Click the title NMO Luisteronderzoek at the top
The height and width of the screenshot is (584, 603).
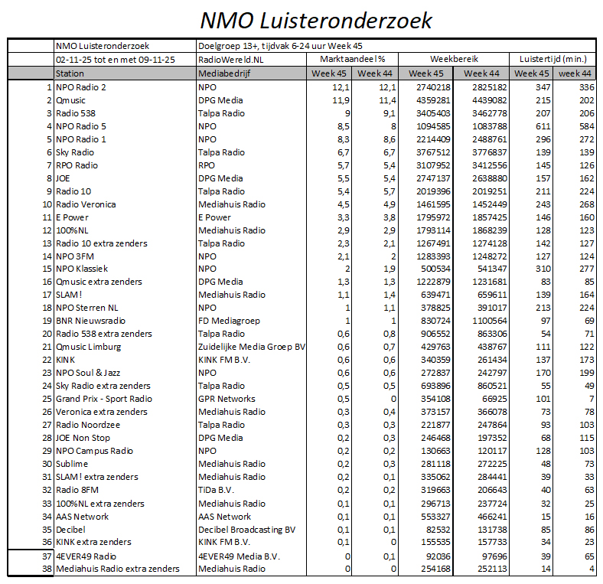tap(315, 19)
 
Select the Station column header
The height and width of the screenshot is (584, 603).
tap(70, 73)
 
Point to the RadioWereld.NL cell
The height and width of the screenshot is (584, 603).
tap(230, 59)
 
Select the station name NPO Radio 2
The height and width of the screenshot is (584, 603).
tap(81, 87)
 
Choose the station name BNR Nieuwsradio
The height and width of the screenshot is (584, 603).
tap(90, 321)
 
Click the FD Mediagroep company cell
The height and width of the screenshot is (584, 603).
tap(230, 321)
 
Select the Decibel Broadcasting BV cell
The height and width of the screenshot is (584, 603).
tap(246, 529)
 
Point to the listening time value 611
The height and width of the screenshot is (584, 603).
tap(541, 126)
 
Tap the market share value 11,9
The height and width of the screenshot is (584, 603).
tap(341, 100)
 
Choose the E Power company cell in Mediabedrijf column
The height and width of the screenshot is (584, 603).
tap(214, 217)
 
